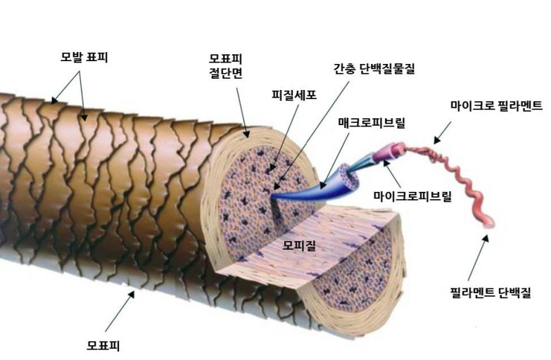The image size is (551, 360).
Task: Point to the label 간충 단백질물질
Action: pos(375,69)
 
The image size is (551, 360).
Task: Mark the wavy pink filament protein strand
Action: pos(457,183)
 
